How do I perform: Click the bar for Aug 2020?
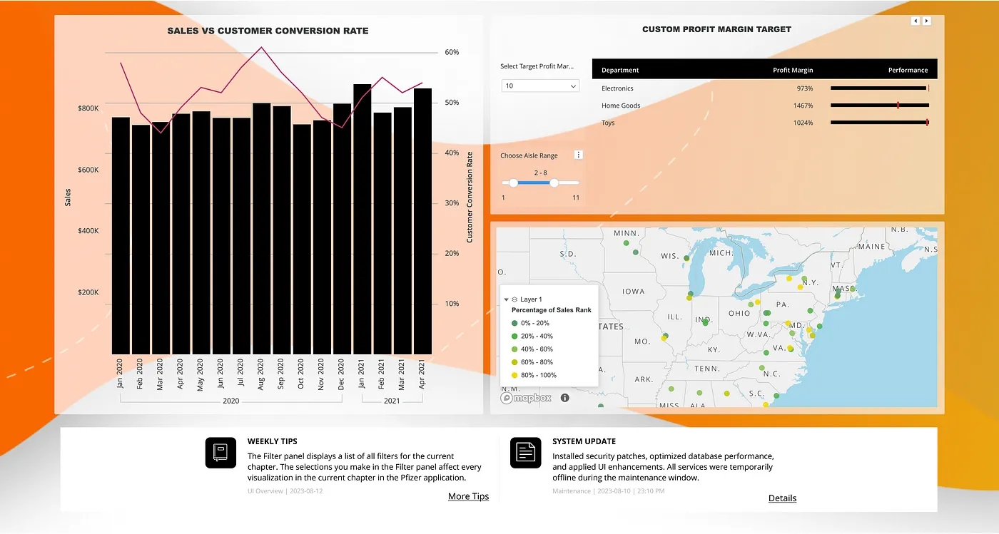[262, 228]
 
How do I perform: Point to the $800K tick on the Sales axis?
[88, 108]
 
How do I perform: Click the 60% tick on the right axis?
[452, 52]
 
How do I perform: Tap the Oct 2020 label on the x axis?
[302, 373]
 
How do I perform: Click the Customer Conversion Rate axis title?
[470, 197]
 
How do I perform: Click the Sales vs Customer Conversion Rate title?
[268, 31]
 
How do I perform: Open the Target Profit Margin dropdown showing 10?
[540, 86]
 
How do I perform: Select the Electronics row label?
[617, 88]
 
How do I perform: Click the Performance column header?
[908, 70]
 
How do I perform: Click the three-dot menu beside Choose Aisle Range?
[579, 155]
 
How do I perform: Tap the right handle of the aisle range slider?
[554, 183]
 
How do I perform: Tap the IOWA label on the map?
[633, 291]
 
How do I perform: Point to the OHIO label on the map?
[739, 313]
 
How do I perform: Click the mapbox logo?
[527, 398]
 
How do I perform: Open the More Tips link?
[468, 496]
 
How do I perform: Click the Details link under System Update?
[782, 498]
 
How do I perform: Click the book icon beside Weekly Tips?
[220, 453]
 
